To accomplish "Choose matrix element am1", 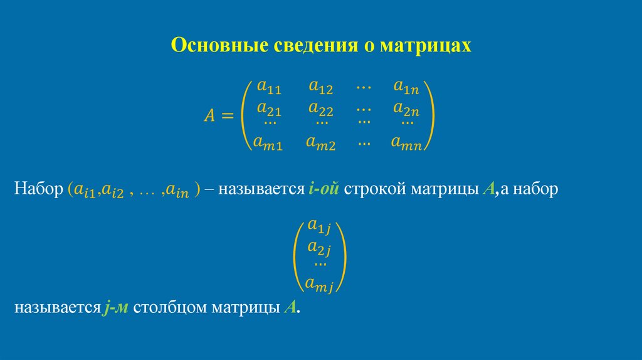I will click(x=268, y=143).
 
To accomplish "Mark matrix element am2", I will click(x=320, y=143).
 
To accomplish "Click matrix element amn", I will click(x=407, y=143).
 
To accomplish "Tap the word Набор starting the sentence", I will click(x=37, y=189).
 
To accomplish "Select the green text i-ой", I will click(x=324, y=189).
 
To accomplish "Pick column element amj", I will click(x=320, y=285).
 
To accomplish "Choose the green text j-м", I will click(x=117, y=308).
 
